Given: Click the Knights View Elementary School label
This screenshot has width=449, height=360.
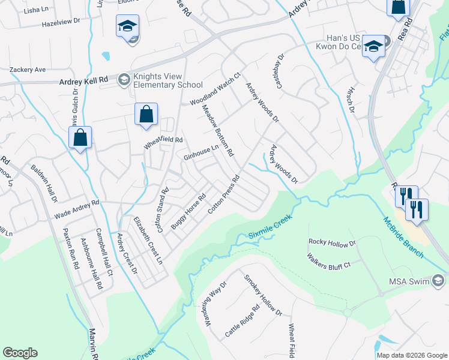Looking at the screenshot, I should point(168,80).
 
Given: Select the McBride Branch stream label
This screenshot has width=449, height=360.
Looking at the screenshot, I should point(403,237).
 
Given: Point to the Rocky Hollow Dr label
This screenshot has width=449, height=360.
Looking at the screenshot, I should point(332,242).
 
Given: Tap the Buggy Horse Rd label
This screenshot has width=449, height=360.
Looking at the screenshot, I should point(188,210).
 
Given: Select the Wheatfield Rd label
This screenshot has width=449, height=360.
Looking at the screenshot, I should point(163,143).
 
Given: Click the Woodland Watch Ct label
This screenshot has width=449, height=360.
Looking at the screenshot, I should point(215,89).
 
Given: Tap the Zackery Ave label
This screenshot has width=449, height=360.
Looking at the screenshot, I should point(28,70).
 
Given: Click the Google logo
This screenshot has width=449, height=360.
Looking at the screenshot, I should point(20,353).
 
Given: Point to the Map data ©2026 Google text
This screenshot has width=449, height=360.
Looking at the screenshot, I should point(412,355).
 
